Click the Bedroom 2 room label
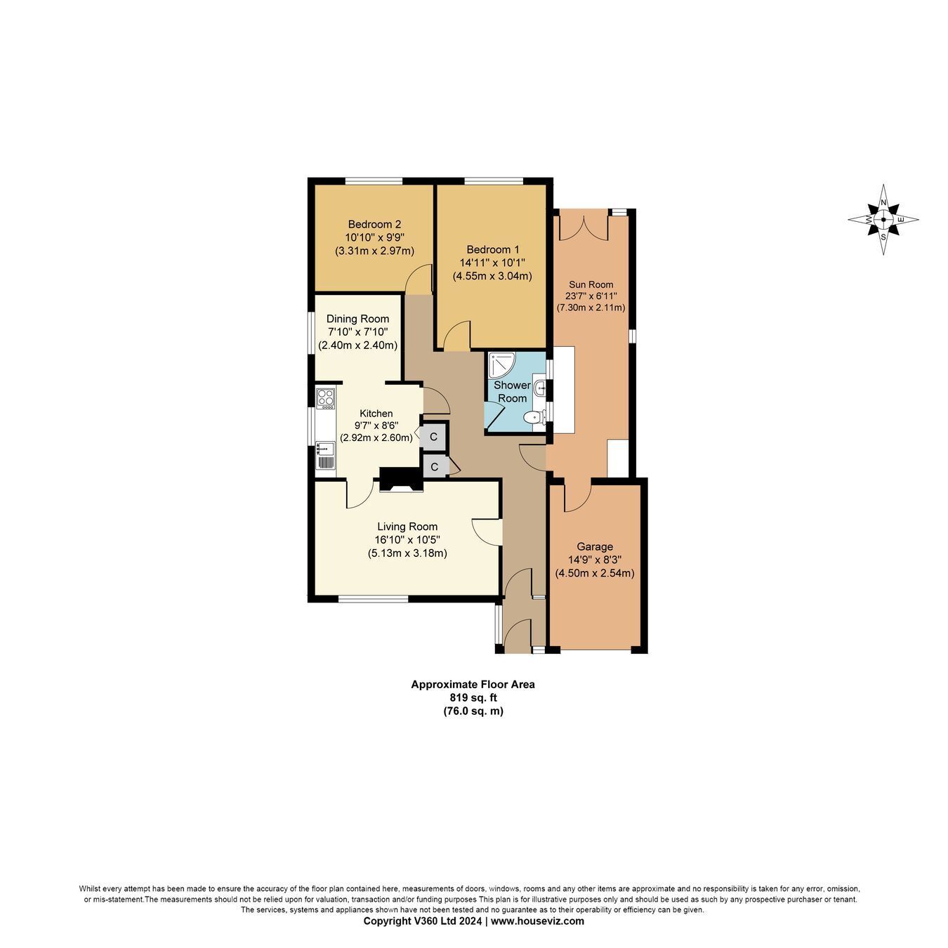coord(374,224)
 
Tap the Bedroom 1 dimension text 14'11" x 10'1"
coord(492,263)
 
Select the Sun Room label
coord(591,284)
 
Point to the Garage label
coord(595,546)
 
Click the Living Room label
coord(407,527)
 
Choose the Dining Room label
coord(357,319)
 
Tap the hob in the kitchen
coord(326,398)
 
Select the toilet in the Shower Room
coord(534,418)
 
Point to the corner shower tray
coord(501,365)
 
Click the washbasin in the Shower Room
coord(540,388)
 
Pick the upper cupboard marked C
coord(433,437)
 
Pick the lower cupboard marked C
coord(434,466)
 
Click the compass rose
coord(883,219)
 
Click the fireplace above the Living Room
coord(401,480)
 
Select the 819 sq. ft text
coord(473,697)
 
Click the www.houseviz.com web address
coord(537,921)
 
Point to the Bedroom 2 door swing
coord(419,279)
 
